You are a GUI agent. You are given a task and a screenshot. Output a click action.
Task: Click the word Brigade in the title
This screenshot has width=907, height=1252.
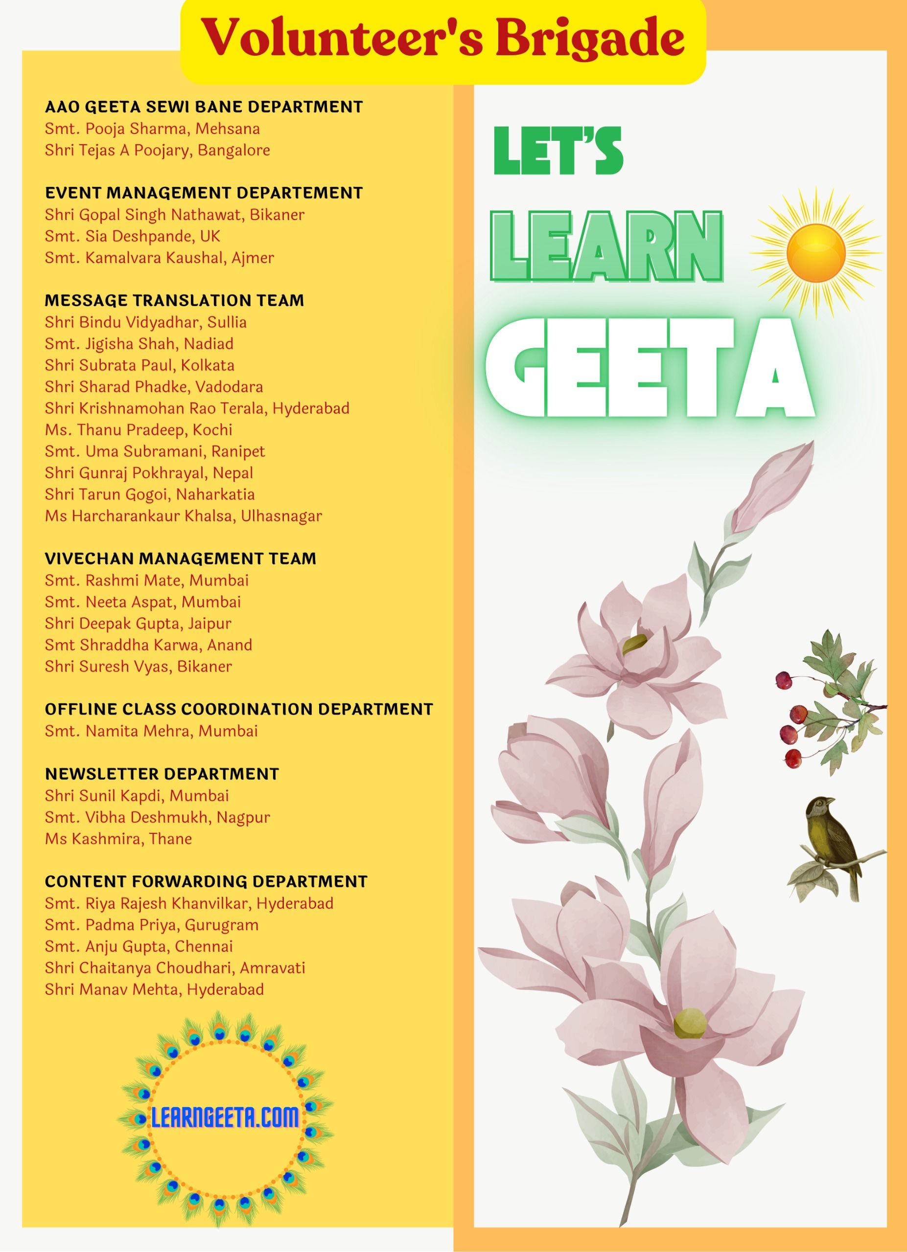coord(589,38)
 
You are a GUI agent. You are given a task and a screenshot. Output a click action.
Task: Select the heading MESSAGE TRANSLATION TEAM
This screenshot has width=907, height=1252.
coord(174,300)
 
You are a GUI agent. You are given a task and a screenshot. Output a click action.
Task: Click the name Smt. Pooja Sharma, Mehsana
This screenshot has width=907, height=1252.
coord(152,129)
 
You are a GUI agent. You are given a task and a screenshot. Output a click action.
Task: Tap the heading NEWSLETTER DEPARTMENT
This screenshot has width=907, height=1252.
coord(162,774)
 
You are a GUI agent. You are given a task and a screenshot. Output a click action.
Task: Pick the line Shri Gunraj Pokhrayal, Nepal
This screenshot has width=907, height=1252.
coord(149,472)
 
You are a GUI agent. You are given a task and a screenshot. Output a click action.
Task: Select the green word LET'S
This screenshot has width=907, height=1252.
coord(558,151)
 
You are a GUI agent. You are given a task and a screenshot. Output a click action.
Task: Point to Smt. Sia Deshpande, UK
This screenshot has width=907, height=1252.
coord(133,236)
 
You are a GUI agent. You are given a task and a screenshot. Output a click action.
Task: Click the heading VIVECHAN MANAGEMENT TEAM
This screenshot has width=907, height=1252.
coord(181,559)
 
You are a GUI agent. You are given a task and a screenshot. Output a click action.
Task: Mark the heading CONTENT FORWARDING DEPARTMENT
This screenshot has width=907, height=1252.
coord(206,882)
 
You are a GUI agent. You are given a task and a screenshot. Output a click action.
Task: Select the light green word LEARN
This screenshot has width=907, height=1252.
coord(606,247)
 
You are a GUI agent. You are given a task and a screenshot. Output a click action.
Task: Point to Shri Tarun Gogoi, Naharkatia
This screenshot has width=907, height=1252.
coord(150,494)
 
